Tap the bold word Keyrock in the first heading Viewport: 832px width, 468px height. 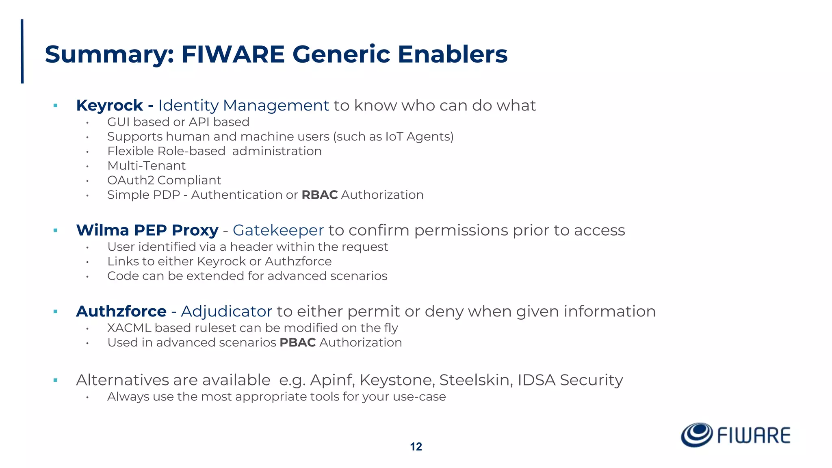(x=109, y=106)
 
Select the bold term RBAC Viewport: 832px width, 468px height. (x=319, y=195)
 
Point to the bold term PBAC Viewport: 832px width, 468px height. (x=297, y=342)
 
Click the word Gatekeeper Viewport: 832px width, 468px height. (x=278, y=230)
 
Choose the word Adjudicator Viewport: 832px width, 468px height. (x=226, y=312)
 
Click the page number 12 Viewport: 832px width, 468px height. (x=416, y=447)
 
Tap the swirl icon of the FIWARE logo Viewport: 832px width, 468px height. (x=696, y=435)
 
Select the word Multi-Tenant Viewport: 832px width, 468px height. (x=146, y=166)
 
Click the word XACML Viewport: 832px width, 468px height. (x=129, y=328)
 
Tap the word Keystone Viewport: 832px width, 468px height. (x=397, y=380)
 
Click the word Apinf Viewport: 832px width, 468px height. (x=332, y=380)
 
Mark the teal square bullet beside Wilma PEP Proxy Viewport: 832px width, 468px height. (x=55, y=231)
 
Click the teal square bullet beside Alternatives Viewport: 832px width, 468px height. (x=55, y=381)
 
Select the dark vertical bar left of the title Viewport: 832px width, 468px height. (x=22, y=51)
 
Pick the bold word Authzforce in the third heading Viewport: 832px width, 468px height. (x=121, y=312)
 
